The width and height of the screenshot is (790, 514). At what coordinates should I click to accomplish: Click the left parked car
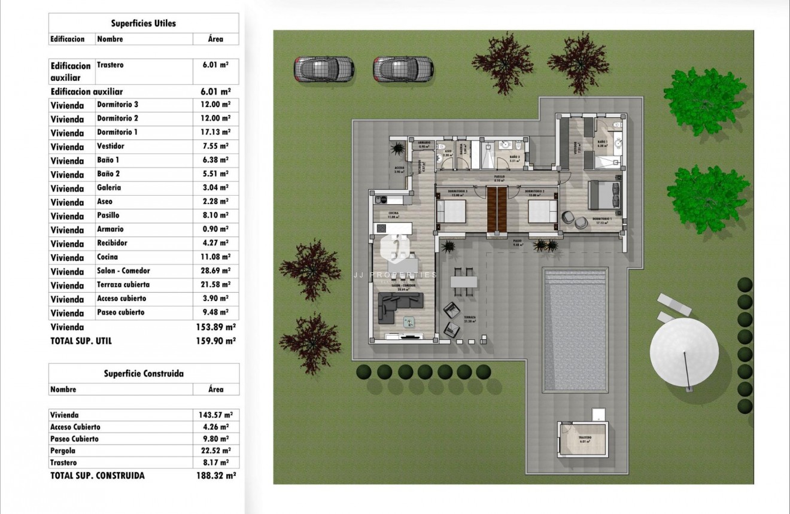pyautogui.click(x=323, y=69)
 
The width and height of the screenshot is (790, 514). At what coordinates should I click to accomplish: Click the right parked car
pyautogui.click(x=403, y=69)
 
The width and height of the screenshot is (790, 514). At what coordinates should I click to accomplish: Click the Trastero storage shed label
pyautogui.click(x=585, y=438)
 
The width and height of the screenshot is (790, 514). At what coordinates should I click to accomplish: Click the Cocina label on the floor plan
pyautogui.click(x=393, y=214)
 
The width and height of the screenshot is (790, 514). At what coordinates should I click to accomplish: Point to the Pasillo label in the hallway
pyautogui.click(x=499, y=178)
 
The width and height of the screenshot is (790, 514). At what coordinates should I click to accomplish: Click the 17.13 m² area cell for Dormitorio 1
pyautogui.click(x=215, y=132)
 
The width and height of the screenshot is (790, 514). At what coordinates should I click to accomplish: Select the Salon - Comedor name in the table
pyautogui.click(x=123, y=271)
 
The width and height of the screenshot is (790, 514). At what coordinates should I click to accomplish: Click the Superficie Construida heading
pyautogui.click(x=144, y=373)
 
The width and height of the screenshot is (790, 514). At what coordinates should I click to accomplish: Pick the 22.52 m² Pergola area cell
pyautogui.click(x=215, y=451)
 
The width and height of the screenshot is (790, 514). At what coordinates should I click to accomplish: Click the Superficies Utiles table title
pyautogui.click(x=144, y=23)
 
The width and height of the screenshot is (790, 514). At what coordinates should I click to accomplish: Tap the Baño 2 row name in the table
pyautogui.click(x=108, y=174)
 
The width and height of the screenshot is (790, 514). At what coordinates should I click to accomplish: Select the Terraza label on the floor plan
pyautogui.click(x=469, y=318)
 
